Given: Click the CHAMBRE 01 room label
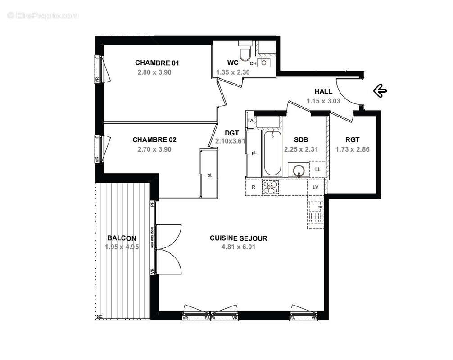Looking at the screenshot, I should [x=154, y=63].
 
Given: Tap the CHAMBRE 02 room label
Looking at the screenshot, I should [x=154, y=139].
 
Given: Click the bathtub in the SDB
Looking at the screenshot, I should [x=272, y=153].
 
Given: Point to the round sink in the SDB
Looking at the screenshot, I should [x=299, y=171].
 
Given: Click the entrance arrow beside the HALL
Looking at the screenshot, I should [x=380, y=91].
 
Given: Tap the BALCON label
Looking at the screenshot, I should [x=122, y=238].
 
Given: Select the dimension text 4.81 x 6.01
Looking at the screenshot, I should [x=238, y=247].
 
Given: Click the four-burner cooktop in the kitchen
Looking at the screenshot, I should [x=271, y=188].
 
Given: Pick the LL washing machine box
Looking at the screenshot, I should [x=317, y=169].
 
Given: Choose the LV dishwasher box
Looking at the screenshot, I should [x=315, y=187].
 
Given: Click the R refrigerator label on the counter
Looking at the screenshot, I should [x=253, y=188].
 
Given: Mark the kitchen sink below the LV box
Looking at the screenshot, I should [x=315, y=213].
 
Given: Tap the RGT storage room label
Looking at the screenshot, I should [x=352, y=139].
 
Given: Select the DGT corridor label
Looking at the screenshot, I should [x=232, y=132].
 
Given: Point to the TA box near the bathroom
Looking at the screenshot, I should [x=250, y=121].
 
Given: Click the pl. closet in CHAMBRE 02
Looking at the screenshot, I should [x=209, y=175].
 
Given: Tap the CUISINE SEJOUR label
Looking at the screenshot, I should [x=238, y=238].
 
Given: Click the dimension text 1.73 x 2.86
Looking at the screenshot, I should [x=353, y=149].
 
